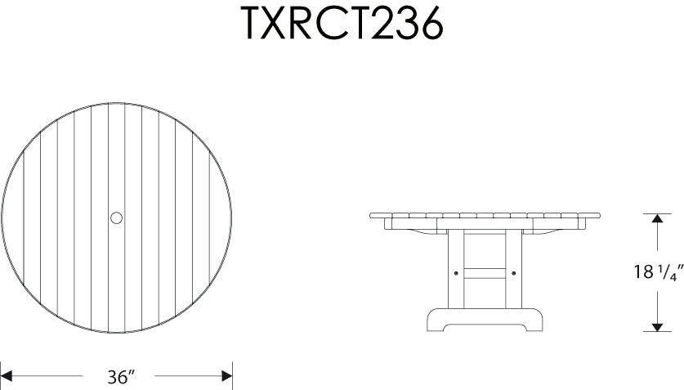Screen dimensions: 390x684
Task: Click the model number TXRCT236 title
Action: coord(342,25)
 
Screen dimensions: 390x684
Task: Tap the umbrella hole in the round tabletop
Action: coord(116,217)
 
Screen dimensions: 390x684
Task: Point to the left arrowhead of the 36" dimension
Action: coord(7,377)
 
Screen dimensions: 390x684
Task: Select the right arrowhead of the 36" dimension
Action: coord(227,377)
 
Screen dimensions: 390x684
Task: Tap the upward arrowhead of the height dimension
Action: coord(657,219)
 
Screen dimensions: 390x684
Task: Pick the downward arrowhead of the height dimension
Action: coord(657,325)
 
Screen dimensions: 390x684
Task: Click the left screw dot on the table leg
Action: coord(455,272)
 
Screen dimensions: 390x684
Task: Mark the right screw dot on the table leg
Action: coord(513,272)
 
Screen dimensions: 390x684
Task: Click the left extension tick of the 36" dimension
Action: coord(2,376)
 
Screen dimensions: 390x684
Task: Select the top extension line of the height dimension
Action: coord(657,213)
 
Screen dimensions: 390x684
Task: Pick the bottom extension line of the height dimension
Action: coord(657,331)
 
